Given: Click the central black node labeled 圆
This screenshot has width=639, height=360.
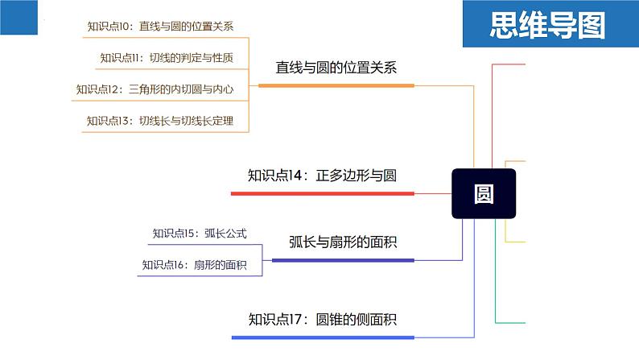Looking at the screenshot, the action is tap(484, 193).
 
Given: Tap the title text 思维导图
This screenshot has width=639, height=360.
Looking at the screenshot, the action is tap(547, 25).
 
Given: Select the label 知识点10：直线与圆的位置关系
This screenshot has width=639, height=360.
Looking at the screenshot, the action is tap(160, 26).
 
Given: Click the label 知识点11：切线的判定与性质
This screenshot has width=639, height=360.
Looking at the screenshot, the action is tap(167, 58).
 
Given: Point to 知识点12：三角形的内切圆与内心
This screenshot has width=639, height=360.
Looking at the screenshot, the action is tap(155, 89).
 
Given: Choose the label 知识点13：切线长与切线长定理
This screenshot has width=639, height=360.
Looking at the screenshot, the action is tap(159, 121).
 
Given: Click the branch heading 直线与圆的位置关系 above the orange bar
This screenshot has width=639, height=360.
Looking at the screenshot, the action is tap(336, 68).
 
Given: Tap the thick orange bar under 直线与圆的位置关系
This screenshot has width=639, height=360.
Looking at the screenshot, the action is tap(336, 85).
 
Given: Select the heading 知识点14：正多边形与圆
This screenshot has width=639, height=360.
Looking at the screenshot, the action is tap(322, 176).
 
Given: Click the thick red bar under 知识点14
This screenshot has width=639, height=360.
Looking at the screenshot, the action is tap(323, 193).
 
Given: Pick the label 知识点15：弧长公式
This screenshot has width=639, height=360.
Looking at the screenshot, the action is tap(200, 234).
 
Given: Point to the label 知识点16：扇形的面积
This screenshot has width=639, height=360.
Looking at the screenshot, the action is tap(195, 265).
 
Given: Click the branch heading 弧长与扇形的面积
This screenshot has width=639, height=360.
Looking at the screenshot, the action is tap(343, 242).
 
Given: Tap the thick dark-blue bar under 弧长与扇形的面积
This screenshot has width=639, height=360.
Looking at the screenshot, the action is tap(343, 260).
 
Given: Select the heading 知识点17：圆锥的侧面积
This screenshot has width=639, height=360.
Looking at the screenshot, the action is tap(323, 319).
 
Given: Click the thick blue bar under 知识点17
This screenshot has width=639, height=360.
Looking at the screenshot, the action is tap(323, 337).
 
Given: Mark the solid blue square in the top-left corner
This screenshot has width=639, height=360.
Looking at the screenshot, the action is tap(19, 17).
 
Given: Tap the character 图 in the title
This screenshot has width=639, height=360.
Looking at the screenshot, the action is tap(592, 25).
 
